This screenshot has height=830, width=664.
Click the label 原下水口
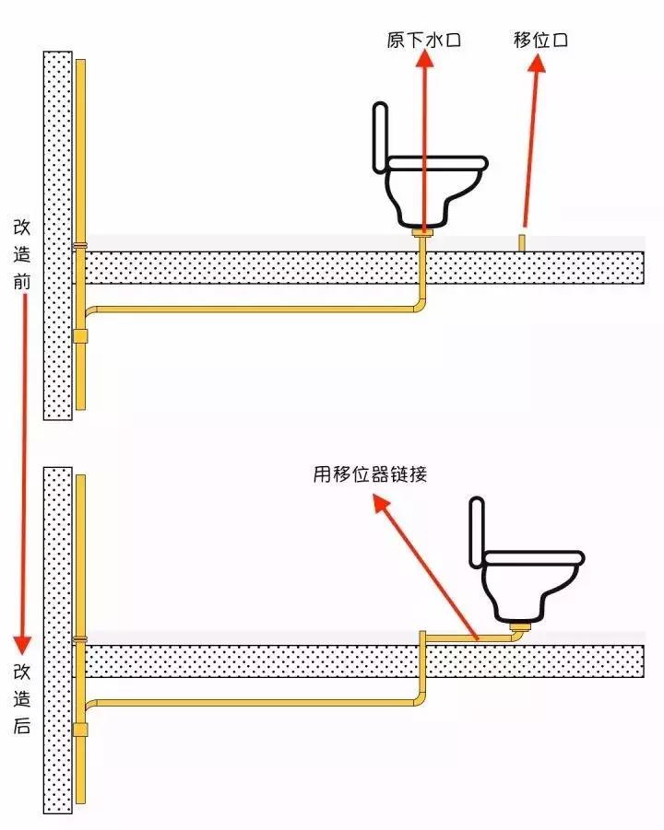tap(423, 41)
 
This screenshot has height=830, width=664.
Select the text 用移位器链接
tap(369, 475)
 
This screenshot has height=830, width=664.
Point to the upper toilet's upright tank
tap(379, 137)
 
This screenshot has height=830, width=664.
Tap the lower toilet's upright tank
tap(476, 532)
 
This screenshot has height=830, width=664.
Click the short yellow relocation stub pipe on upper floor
tap(522, 242)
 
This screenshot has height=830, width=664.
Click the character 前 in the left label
tap(22, 280)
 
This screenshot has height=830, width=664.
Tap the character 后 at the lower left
tap(22, 725)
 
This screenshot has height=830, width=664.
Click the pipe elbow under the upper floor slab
tap(419, 305)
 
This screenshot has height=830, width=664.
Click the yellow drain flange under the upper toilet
tap(422, 236)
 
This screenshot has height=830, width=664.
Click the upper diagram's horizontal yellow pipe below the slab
tap(249, 310)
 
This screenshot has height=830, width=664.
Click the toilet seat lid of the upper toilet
tap(437, 162)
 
